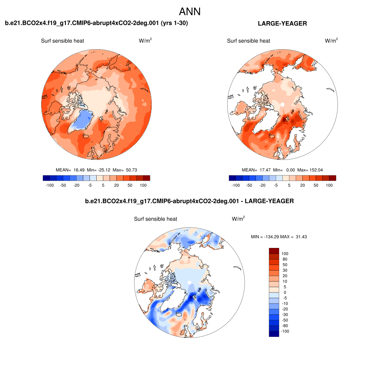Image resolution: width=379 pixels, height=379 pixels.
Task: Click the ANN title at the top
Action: (x=189, y=11)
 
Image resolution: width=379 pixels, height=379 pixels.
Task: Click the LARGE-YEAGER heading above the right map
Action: (x=282, y=24)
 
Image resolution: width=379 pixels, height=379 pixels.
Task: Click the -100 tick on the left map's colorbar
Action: (x=50, y=185)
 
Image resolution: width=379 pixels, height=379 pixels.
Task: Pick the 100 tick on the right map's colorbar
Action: (x=329, y=185)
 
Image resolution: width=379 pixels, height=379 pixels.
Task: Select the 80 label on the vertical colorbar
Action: (x=285, y=259)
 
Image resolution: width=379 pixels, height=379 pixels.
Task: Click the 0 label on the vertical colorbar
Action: (x=285, y=292)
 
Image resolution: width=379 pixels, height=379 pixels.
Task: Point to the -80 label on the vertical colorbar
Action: (x=285, y=326)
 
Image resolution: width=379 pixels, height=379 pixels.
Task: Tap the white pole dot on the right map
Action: (x=282, y=105)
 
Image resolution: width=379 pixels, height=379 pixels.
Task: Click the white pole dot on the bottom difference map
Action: (x=189, y=283)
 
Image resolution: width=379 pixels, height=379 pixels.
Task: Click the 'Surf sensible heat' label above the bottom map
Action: (x=155, y=219)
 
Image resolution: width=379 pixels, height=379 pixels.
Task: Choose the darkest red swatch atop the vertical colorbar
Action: (x=274, y=251)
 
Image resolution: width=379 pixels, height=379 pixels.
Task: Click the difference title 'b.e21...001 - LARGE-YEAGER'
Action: (x=189, y=201)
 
